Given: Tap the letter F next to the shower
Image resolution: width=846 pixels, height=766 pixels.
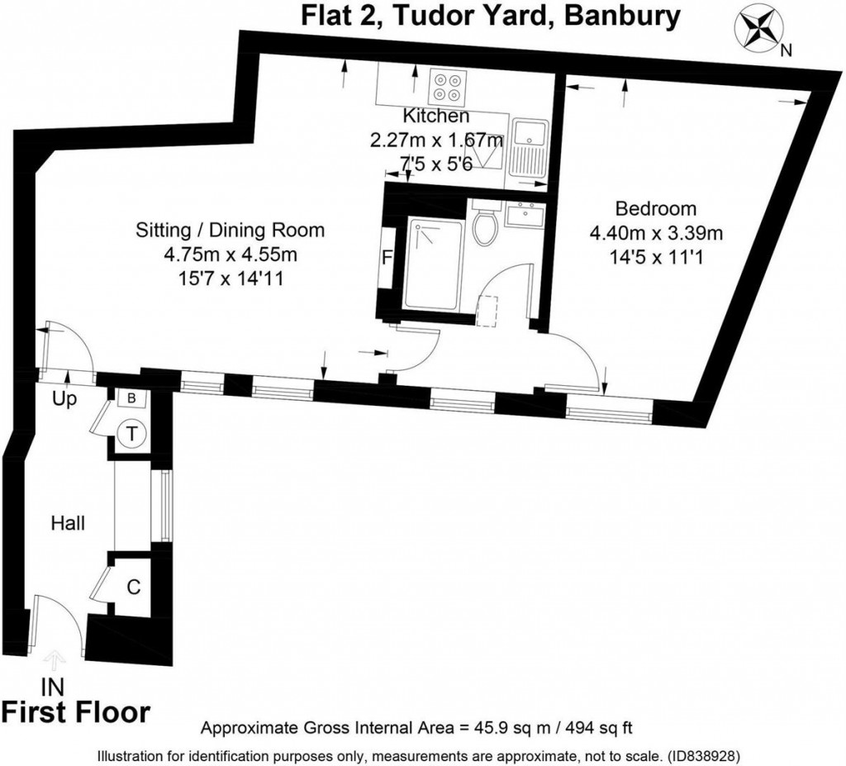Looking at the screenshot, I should point(386,257).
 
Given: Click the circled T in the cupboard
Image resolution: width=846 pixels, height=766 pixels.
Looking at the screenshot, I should point(131,432).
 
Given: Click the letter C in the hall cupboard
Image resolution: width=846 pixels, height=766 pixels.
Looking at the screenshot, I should point(133,588).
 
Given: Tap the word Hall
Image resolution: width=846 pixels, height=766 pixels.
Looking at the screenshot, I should point(68,522).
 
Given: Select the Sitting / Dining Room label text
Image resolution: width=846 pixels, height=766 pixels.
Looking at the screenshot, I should point(230,230).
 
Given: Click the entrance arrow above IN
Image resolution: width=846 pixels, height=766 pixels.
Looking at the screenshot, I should point(55,659).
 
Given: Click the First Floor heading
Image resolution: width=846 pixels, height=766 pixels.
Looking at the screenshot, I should point(76,711).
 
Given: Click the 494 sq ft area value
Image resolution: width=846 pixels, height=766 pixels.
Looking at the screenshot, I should point(596,728).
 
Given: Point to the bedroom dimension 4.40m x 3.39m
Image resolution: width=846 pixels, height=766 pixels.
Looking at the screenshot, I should point(655,234).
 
